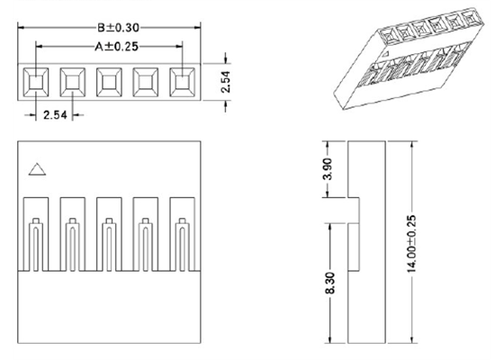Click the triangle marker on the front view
click(37, 167)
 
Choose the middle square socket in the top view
click(109, 83)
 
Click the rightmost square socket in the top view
click(183, 83)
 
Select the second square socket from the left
click(72, 83)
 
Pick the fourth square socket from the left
click(146, 83)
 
